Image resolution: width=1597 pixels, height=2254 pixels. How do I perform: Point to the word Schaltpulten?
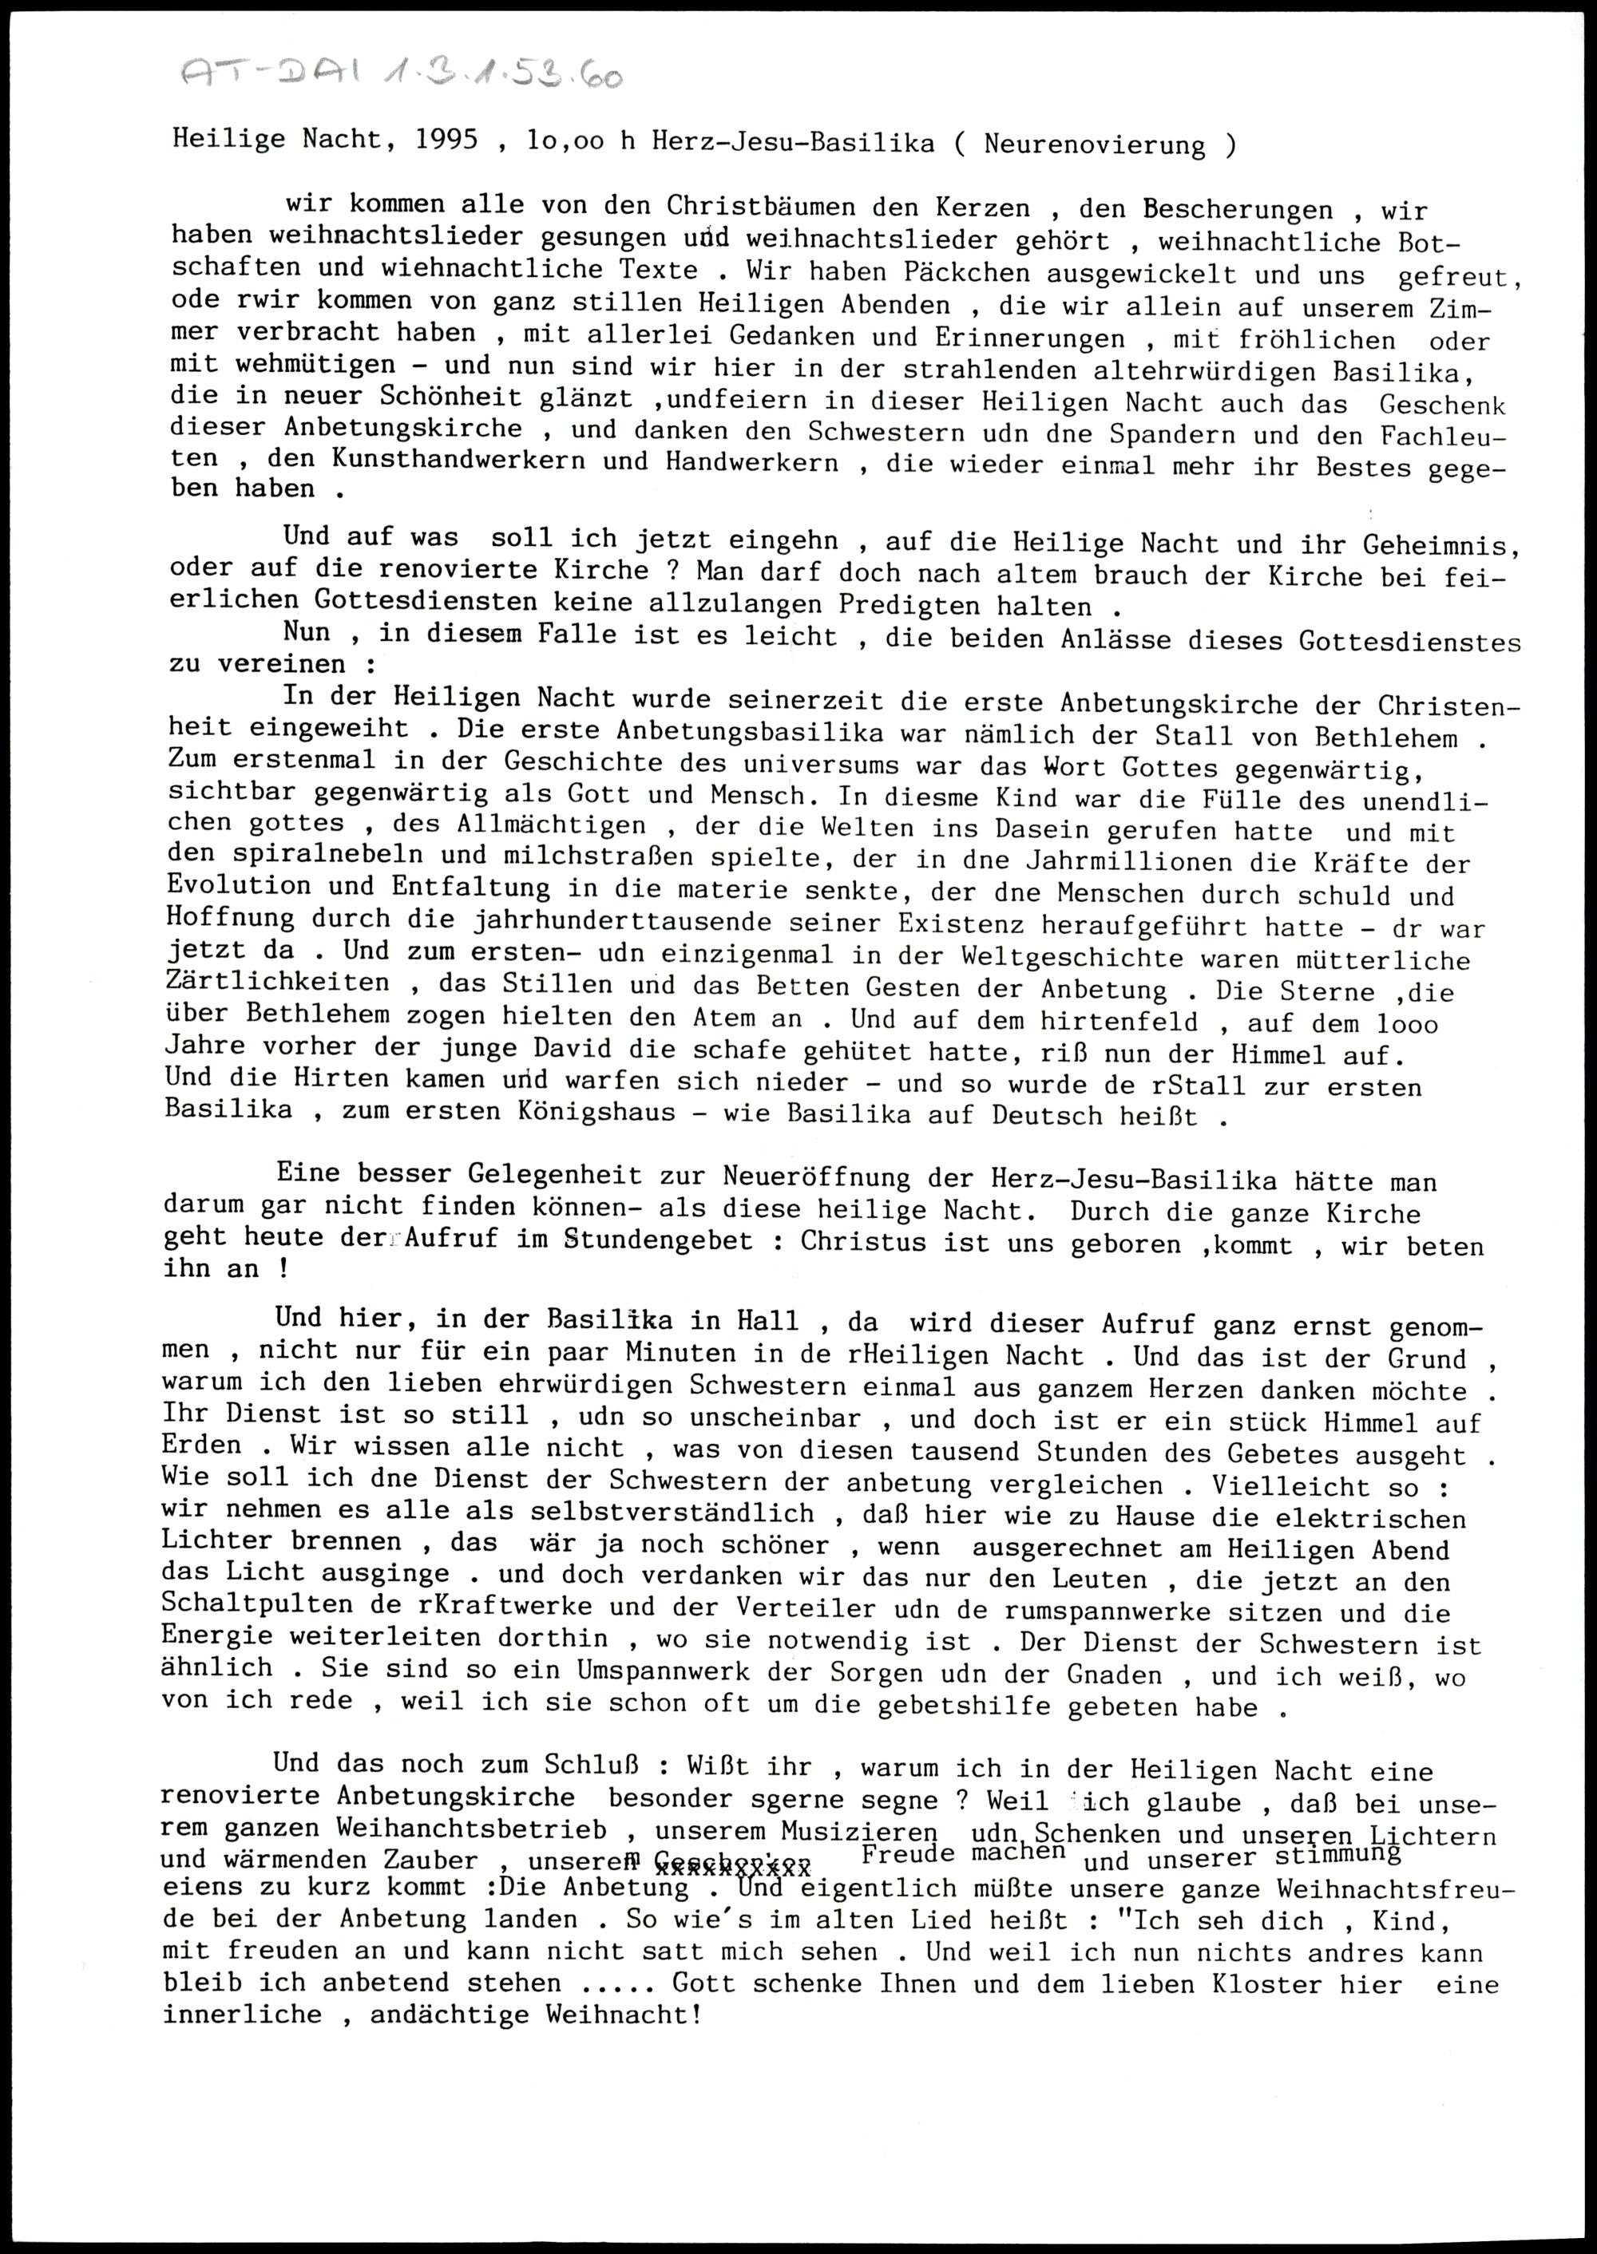tap(256, 1609)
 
